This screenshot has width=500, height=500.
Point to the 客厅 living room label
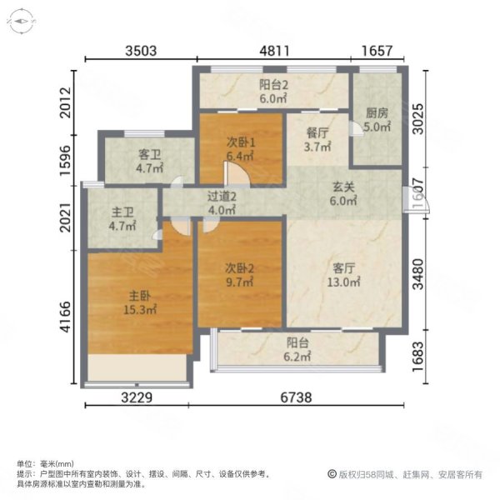click(x=344, y=268)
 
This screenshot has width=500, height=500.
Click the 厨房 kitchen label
click(x=377, y=113)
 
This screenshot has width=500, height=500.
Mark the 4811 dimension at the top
click(x=275, y=51)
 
